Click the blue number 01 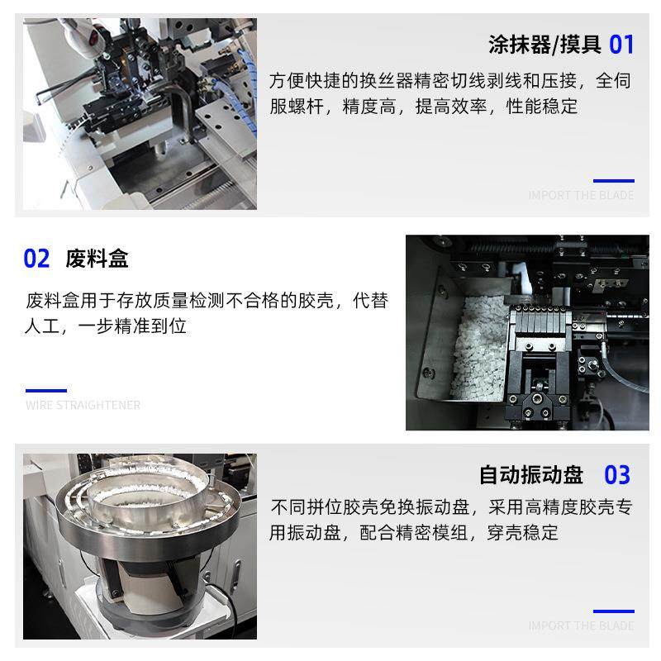coord(621,44)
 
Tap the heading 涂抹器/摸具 coord(544,44)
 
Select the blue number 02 coord(37,259)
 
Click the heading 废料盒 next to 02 coord(97,259)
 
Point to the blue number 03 coord(617,475)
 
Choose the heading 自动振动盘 coord(531,475)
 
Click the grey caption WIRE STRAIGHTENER coord(83,406)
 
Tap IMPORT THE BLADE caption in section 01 coord(581,196)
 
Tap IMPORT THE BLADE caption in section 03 coord(581,626)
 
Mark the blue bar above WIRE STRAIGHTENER coord(46,390)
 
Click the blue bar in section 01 coord(614,180)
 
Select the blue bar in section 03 coord(614,611)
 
